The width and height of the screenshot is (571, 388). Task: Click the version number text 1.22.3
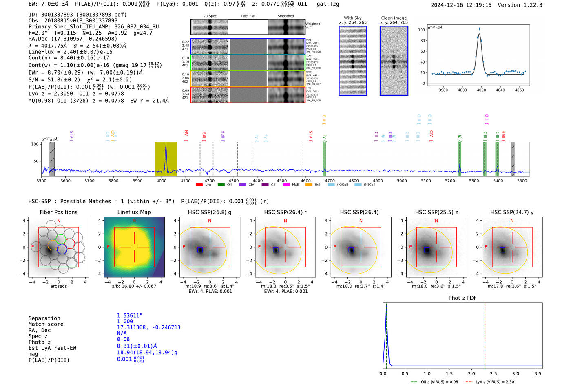click(532, 5)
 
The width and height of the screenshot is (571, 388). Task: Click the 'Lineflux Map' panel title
click(134, 212)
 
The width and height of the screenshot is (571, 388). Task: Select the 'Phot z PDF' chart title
click(462, 298)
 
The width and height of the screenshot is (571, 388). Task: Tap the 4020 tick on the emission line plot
click(481, 90)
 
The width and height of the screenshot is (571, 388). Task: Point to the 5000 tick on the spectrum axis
click(402, 180)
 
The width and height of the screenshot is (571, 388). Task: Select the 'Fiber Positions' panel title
click(58, 212)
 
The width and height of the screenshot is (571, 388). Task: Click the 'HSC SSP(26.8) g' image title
click(210, 212)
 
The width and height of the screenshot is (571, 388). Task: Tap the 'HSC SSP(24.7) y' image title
click(512, 212)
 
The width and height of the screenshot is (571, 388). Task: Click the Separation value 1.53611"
click(130, 316)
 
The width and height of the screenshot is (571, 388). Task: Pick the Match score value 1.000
click(125, 321)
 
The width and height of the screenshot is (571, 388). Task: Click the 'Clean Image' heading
click(394, 18)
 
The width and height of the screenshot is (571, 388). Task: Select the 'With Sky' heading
click(352, 18)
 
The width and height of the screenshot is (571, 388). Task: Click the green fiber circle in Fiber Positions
click(60, 239)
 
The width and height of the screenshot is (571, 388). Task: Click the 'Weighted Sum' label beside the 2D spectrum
click(312, 26)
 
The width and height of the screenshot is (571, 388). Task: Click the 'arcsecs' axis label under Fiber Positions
click(58, 286)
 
